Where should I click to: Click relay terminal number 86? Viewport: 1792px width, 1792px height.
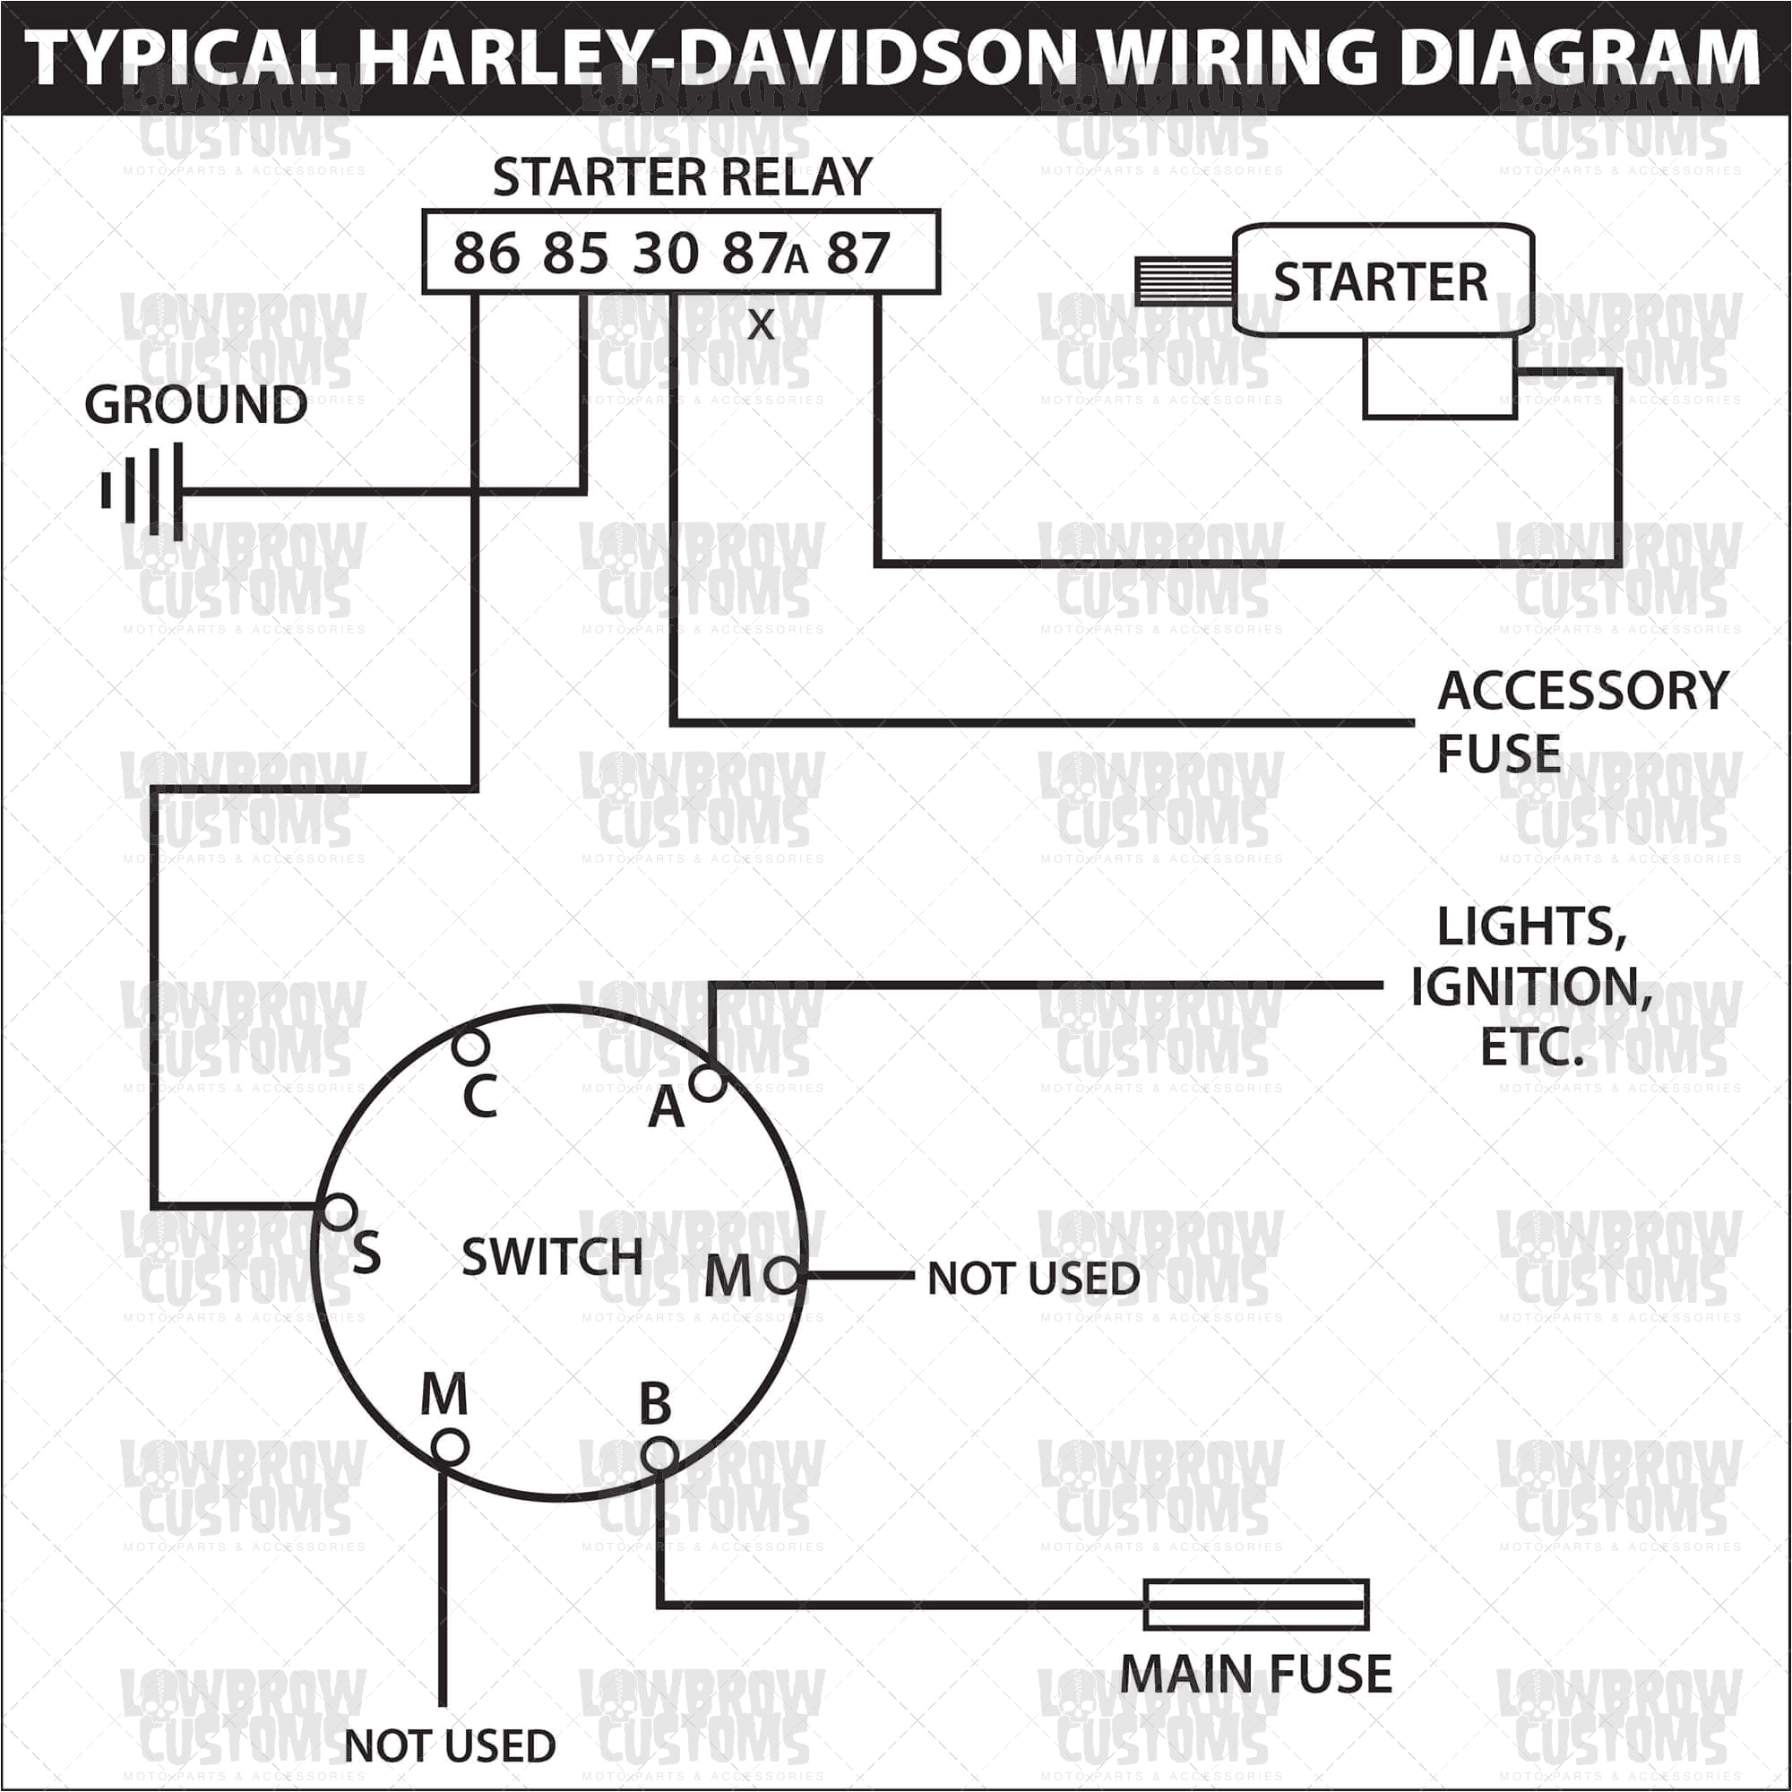pos(486,254)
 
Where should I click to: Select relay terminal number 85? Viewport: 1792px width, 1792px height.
pos(575,254)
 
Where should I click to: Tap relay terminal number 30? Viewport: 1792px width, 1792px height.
pos(665,254)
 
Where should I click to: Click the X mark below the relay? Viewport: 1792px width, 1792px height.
pos(761,324)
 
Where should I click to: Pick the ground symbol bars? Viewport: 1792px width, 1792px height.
pos(143,491)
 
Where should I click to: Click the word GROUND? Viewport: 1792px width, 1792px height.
pos(195,405)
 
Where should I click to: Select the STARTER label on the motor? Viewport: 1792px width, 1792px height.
pos(1379,282)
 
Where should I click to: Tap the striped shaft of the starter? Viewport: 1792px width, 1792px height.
pos(1184,281)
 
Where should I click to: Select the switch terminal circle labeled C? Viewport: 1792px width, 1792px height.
pos(471,1047)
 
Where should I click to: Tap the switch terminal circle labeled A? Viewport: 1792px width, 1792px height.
pos(708,1082)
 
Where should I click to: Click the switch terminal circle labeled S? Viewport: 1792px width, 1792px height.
pos(340,1211)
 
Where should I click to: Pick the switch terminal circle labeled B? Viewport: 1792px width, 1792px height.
pos(659,1452)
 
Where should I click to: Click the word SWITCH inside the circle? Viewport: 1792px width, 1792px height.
pos(552,1257)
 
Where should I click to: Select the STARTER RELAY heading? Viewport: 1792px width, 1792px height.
pos(682,177)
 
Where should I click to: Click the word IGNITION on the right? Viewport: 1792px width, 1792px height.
pos(1530,986)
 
